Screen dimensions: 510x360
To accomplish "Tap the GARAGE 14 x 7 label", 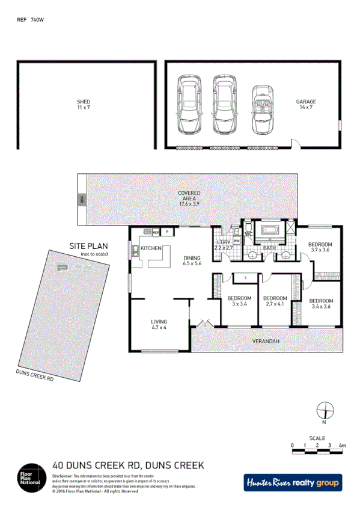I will pos(305,105).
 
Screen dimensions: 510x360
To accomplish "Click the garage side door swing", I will pos(295,143).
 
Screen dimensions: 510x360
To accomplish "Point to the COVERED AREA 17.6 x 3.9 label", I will pos(189,198).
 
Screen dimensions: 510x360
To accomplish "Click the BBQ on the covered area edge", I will pos(81,200).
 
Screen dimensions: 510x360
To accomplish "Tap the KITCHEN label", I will pos(151,248).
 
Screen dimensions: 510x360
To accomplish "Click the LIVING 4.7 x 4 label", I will pos(159,325).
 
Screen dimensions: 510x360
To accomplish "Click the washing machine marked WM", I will pos(236,241).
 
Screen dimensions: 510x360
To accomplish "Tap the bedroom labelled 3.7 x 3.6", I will pos(320,247).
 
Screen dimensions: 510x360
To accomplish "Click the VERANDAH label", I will pos(265,341).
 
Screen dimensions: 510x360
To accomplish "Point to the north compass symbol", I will pos(325,410).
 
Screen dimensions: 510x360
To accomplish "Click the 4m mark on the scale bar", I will pos(341,446).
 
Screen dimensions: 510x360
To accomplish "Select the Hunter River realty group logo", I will pos(292,482).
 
